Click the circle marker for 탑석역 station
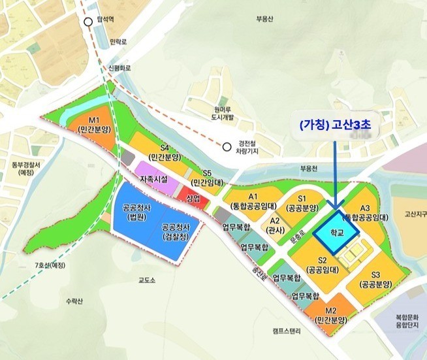tap(88, 22)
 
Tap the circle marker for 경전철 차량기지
tap(227, 146)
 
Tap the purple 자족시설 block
tap(154, 179)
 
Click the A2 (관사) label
tap(276, 225)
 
